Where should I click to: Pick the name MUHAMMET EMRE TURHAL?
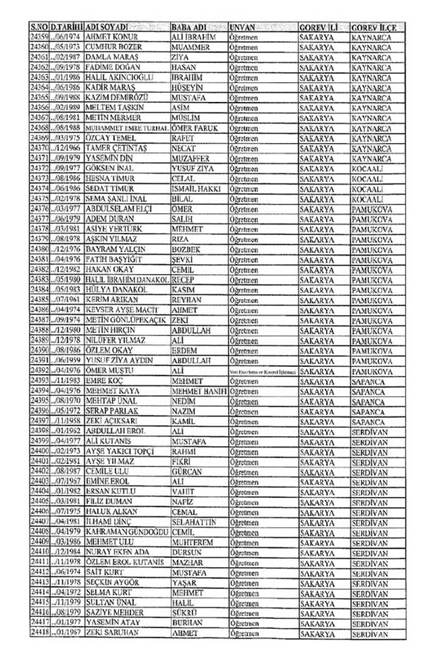[127, 127]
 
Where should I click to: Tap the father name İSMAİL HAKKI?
[198, 189]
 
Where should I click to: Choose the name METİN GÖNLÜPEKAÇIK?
[125, 321]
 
